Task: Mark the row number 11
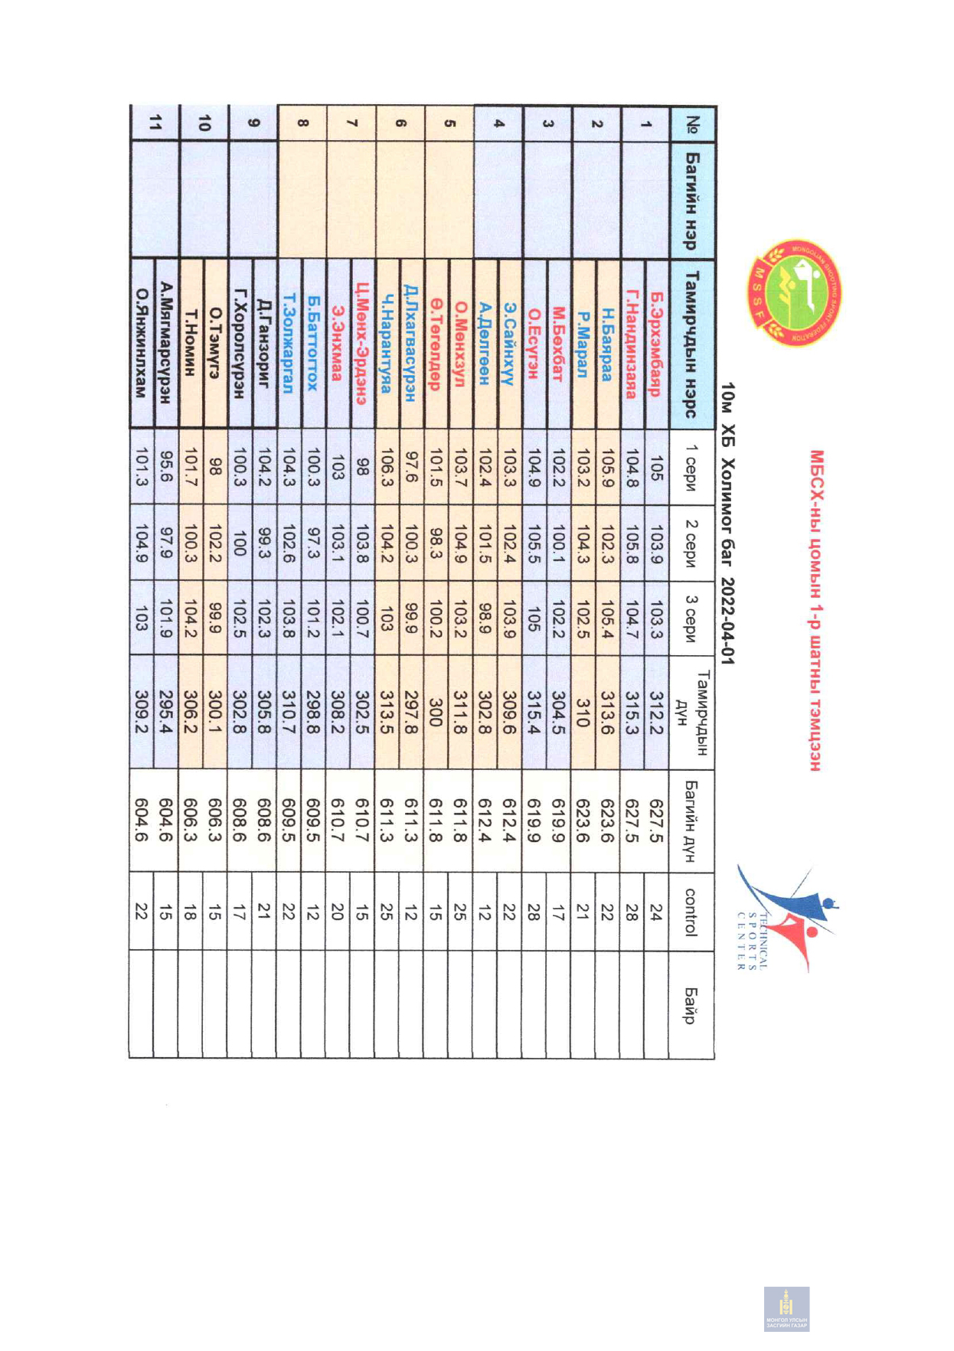tap(156, 122)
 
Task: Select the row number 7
tap(351, 122)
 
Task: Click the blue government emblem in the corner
tap(786, 1309)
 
